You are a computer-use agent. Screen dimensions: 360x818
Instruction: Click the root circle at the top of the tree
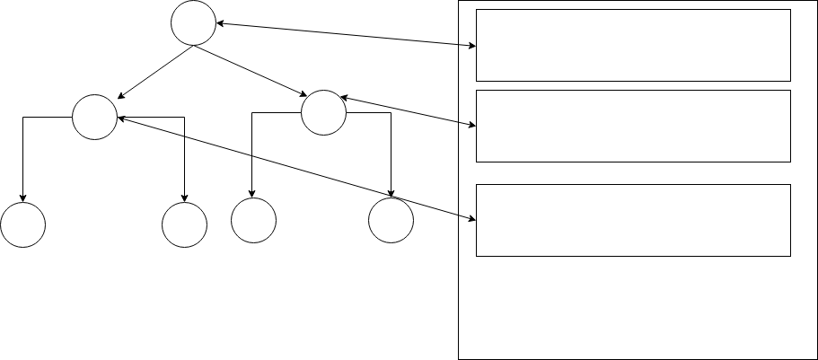coord(193,23)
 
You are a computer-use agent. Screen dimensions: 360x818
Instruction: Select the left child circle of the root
coord(94,117)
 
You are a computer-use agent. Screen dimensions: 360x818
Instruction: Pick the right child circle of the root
coord(323,113)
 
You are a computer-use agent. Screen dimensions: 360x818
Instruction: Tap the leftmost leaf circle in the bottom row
coord(22,224)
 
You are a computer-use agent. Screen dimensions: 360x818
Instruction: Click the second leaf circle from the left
coord(184,224)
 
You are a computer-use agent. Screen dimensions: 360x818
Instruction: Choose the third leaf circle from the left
coord(253,220)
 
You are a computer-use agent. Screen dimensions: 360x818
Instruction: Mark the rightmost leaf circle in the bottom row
coord(391,220)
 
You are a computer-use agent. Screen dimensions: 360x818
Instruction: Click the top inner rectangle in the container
coord(632,46)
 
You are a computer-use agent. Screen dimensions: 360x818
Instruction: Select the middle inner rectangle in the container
coord(632,126)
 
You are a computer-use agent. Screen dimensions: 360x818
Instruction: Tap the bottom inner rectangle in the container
coord(632,221)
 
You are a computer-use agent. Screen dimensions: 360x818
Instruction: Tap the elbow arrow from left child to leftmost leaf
coord(23,153)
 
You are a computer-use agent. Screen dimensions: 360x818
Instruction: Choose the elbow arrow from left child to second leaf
coord(184,153)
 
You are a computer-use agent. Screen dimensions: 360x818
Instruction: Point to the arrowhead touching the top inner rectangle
coord(471,45)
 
